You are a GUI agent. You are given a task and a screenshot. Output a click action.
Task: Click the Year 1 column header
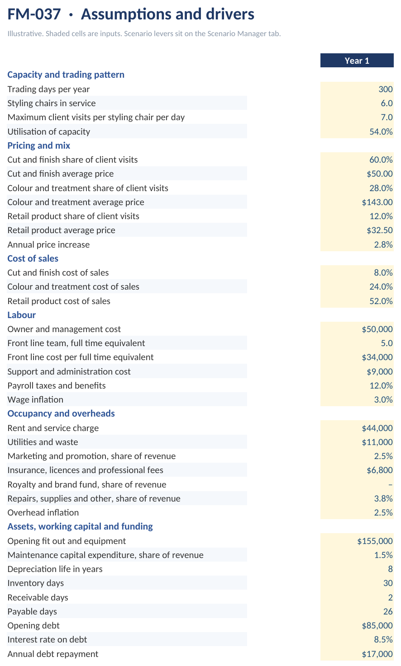(357, 61)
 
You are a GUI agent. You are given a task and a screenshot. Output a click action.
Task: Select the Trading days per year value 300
(386, 89)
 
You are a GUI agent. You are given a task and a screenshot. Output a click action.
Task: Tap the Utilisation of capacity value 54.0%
(381, 132)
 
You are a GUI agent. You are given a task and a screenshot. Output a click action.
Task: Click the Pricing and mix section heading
(39, 145)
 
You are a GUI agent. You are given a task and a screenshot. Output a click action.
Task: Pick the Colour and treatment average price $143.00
(377, 202)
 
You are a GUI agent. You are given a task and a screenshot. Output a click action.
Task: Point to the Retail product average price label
(62, 230)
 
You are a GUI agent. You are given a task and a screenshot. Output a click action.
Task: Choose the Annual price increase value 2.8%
(383, 245)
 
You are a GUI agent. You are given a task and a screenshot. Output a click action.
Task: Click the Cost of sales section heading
(33, 258)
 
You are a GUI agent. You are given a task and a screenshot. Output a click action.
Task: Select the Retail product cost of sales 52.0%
(381, 301)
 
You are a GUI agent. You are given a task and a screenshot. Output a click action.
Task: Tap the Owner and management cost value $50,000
(377, 329)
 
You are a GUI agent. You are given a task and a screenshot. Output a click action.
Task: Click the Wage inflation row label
(35, 399)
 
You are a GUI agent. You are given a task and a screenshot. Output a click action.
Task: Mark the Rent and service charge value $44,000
(377, 428)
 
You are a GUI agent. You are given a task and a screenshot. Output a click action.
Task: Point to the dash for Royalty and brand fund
(390, 485)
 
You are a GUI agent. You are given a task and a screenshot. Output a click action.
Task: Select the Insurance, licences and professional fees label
(86, 470)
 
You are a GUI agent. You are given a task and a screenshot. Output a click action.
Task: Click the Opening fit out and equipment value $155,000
(375, 541)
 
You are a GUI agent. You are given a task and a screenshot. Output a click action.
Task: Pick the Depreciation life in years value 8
(390, 569)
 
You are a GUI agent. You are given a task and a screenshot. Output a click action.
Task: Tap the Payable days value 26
(388, 612)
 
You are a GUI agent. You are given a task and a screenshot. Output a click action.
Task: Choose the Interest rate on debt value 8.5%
(383, 639)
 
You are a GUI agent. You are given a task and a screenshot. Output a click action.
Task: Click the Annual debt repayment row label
(53, 654)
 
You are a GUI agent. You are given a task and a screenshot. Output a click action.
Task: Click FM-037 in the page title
(34, 14)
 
